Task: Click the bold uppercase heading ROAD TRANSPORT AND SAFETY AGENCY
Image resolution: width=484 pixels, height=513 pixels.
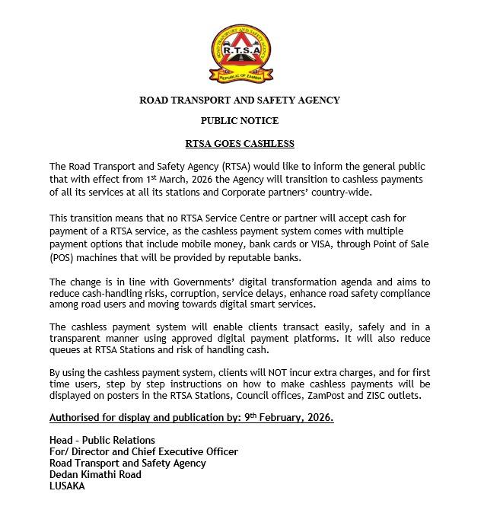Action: (x=240, y=100)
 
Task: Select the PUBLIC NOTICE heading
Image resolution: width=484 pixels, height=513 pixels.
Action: (x=240, y=121)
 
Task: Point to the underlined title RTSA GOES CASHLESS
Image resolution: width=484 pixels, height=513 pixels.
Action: (x=240, y=143)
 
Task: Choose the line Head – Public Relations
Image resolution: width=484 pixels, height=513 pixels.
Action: (x=102, y=440)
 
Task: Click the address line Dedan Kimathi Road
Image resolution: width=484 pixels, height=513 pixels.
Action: (x=95, y=474)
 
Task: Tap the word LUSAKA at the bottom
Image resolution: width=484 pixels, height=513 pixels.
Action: (x=67, y=486)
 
